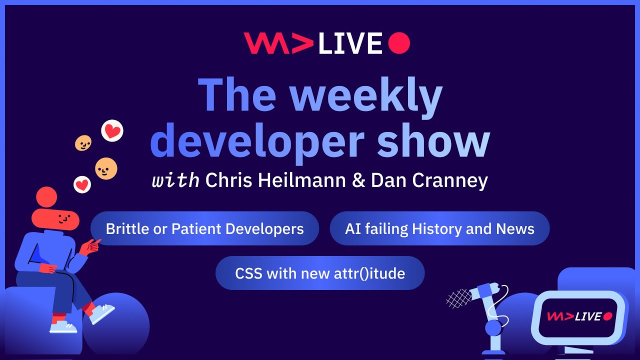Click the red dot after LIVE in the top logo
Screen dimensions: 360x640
click(x=399, y=43)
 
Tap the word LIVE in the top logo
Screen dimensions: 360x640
click(x=350, y=43)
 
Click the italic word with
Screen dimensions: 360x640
click(x=176, y=180)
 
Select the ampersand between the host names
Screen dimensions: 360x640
click(x=358, y=180)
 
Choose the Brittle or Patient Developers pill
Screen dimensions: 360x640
click(x=204, y=228)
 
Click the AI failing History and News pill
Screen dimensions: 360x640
click(x=439, y=228)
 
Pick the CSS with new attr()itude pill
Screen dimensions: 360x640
click(x=320, y=273)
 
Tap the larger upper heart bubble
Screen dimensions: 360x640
click(x=112, y=131)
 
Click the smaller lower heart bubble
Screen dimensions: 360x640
click(x=82, y=184)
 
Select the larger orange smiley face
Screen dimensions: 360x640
click(x=106, y=168)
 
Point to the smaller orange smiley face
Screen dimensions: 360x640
click(x=83, y=143)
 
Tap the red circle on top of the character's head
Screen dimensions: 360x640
click(x=46, y=197)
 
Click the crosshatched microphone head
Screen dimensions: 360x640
click(x=459, y=298)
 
